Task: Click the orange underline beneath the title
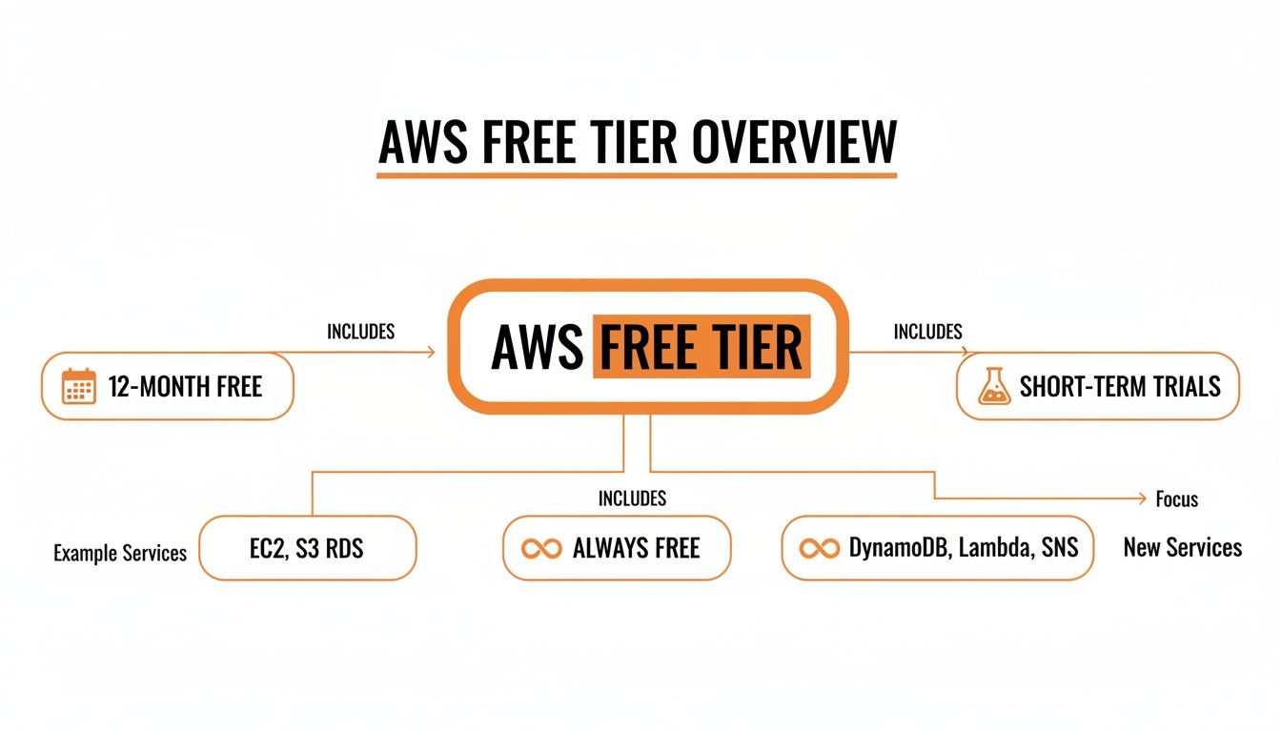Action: point(637,174)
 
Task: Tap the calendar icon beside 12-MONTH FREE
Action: point(78,386)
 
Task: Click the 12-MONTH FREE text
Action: point(185,387)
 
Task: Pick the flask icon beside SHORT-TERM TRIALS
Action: point(993,386)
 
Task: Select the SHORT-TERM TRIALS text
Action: point(1120,386)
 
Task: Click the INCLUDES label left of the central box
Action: point(360,332)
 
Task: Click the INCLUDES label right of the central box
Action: point(927,332)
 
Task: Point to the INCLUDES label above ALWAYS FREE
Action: point(632,498)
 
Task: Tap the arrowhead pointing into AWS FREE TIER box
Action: point(430,353)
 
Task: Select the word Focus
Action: point(1176,499)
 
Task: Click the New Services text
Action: point(1182,548)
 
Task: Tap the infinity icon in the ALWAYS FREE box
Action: point(541,549)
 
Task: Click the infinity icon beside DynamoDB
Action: point(820,549)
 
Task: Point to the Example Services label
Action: point(120,553)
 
